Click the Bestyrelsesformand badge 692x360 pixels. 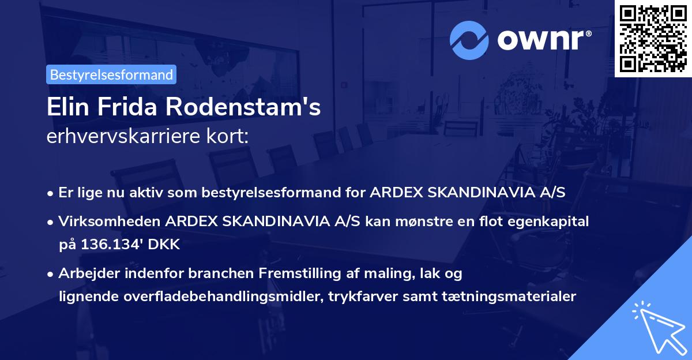pos(111,74)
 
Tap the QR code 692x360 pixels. pos(653,38)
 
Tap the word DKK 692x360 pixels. pos(165,245)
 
